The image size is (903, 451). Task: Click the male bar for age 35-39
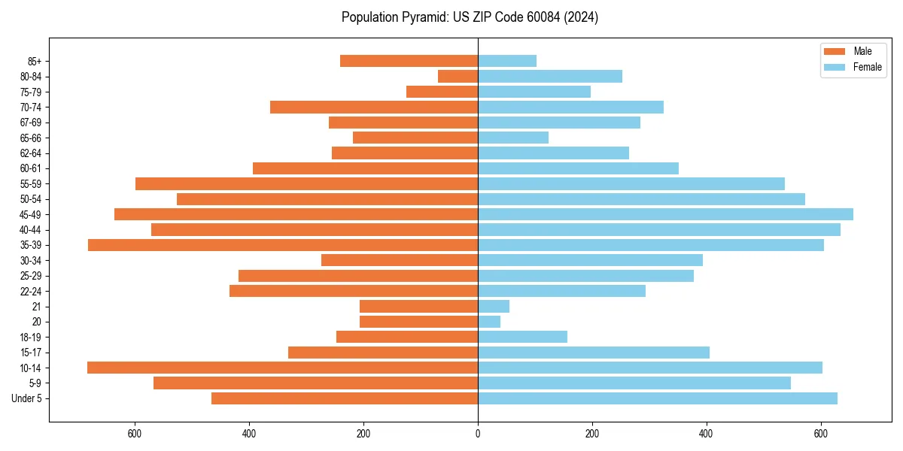pos(283,245)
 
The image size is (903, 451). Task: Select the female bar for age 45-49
pos(665,214)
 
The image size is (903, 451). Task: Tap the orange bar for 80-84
pos(458,76)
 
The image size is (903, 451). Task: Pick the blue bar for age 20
pos(489,322)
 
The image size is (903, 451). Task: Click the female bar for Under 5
pos(657,398)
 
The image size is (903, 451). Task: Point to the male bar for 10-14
pos(282,368)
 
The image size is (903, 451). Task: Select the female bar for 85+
pos(507,61)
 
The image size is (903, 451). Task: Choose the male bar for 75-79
pos(442,92)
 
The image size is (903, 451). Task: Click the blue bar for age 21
pos(494,307)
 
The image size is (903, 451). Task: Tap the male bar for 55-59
pos(306,183)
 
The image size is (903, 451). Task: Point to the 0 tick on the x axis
pos(478,434)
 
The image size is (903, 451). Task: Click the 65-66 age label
pos(31,138)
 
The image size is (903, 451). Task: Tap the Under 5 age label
pos(27,398)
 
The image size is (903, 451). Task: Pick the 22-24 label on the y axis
pos(31,291)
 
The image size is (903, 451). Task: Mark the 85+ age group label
pos(34,61)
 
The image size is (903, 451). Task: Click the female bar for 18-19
pos(522,337)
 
